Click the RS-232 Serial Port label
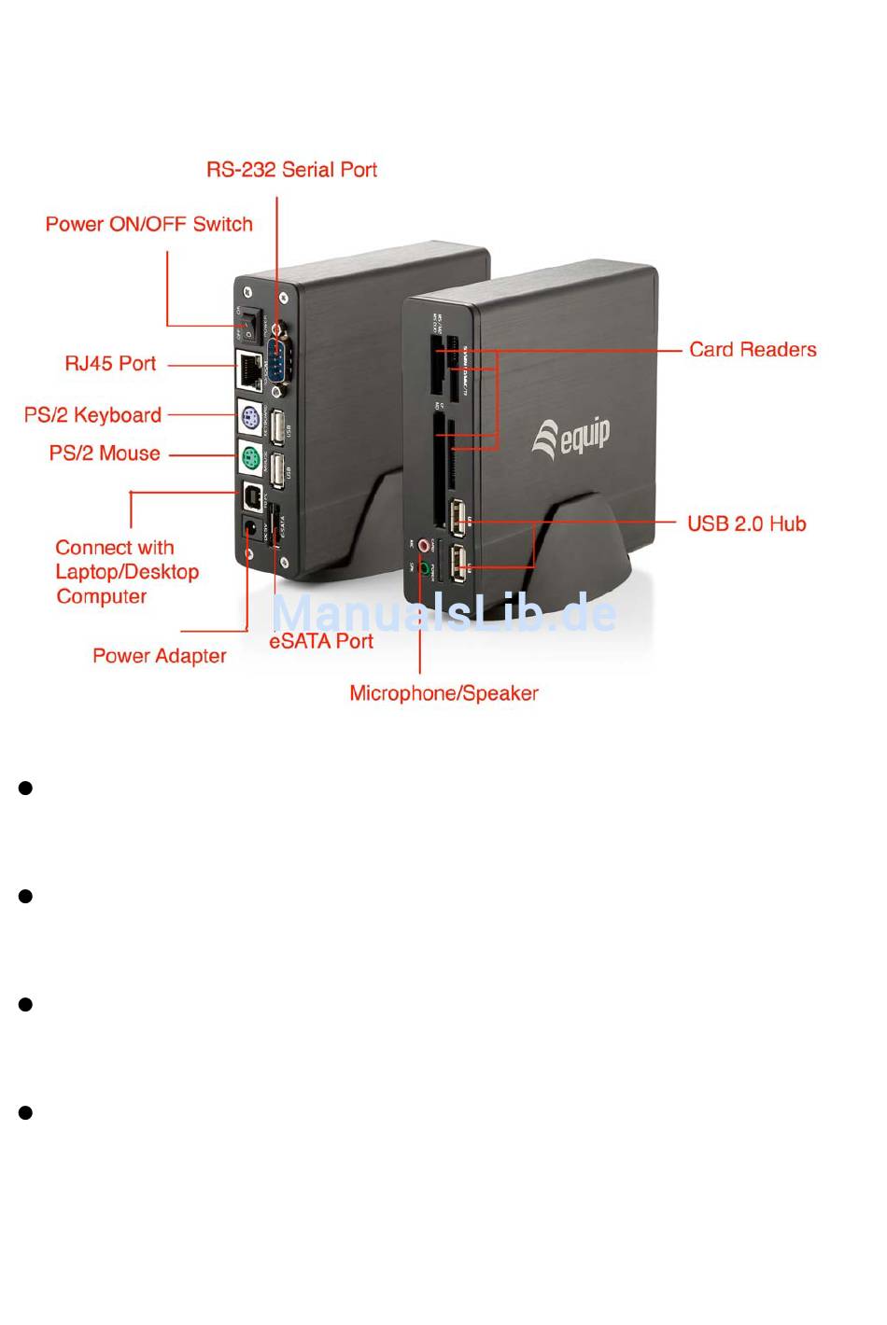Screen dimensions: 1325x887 click(291, 170)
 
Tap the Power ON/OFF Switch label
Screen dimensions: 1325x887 click(149, 225)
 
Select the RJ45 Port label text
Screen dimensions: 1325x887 click(110, 364)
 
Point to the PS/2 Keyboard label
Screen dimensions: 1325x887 click(92, 415)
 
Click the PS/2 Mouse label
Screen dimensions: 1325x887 click(105, 454)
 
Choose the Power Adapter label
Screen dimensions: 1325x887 click(160, 657)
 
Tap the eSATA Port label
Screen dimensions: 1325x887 click(321, 642)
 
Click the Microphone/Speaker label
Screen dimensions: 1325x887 click(443, 694)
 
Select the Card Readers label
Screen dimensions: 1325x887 click(753, 350)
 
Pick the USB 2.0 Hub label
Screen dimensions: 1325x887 click(746, 524)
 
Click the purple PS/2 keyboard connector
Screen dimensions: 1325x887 click(248, 416)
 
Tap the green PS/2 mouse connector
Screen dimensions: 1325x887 click(249, 457)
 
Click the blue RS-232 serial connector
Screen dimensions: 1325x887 click(277, 359)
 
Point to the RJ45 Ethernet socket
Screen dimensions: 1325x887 click(248, 370)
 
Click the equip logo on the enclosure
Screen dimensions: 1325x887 click(570, 437)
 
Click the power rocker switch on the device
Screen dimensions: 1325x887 click(249, 320)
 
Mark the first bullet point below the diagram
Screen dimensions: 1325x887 click(26, 788)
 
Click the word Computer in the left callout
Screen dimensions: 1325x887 click(102, 597)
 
